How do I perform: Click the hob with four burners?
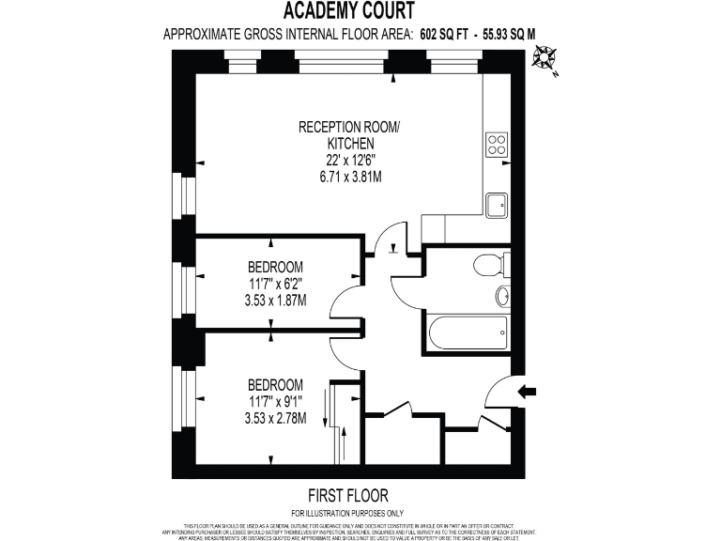click(497, 145)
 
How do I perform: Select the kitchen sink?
click(497, 203)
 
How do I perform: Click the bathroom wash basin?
click(502, 297)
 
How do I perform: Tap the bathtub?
click(466, 332)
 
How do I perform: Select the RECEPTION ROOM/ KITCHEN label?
click(348, 135)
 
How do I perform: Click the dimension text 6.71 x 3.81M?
click(348, 177)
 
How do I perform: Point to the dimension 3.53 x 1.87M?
click(275, 300)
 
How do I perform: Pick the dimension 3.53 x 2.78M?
click(275, 418)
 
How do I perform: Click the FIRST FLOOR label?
click(348, 495)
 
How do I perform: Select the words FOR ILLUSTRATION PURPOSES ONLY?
click(348, 512)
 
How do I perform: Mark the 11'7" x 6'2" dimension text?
click(275, 283)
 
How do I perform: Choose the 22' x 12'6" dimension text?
click(348, 160)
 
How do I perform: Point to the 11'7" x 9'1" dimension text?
click(275, 401)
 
